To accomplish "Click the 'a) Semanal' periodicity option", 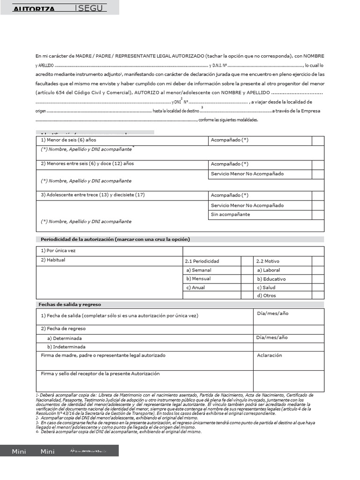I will point(199,270).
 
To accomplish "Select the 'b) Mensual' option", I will point(198,278).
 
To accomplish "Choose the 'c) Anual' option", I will point(195,287).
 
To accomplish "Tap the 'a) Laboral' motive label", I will point(269,270).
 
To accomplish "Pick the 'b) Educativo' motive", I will point(271,279).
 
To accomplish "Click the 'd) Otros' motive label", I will point(267,296).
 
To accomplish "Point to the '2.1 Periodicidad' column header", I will point(202,261).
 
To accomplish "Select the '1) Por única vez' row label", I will point(58,251).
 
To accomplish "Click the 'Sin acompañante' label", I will point(230,214).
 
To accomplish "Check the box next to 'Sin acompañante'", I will point(318,215).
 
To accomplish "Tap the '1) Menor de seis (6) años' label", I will point(68,140).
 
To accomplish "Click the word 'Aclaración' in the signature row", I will point(270,355).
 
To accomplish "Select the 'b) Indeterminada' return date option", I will point(66,347).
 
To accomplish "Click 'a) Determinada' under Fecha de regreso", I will point(64,338).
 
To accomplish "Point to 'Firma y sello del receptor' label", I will point(100,374).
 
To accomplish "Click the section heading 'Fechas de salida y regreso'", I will point(70,304).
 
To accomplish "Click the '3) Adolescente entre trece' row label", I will point(93,195).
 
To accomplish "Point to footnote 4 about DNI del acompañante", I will point(120,432).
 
